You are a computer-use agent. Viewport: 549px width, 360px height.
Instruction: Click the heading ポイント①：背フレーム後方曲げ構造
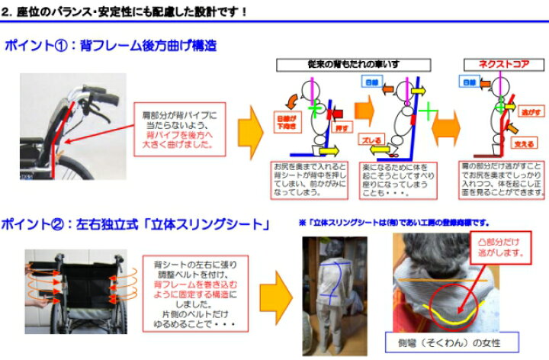point(111,47)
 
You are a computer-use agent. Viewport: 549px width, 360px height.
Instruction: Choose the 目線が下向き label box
point(284,120)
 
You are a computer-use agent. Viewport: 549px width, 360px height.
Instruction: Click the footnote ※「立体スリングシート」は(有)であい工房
point(393,222)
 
